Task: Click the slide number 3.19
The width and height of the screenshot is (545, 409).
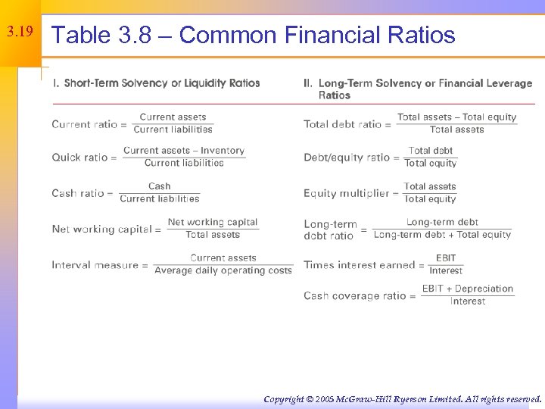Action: click(x=20, y=33)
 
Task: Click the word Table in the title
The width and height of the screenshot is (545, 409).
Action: click(x=79, y=35)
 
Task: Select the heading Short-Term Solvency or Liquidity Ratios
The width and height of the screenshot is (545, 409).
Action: click(x=156, y=83)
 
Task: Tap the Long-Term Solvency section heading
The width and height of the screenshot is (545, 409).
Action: click(x=418, y=89)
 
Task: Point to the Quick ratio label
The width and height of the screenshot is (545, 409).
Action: click(x=79, y=158)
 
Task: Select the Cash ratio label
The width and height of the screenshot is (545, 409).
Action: click(x=77, y=193)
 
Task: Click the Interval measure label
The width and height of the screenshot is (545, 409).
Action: click(x=95, y=265)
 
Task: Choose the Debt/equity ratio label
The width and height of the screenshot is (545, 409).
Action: click(x=347, y=158)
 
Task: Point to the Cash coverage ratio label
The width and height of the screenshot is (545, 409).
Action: click(x=355, y=295)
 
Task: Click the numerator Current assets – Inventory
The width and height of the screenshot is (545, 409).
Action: click(x=184, y=151)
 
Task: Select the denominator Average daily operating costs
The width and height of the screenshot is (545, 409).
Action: click(x=223, y=271)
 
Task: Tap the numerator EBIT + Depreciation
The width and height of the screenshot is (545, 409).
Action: click(x=468, y=289)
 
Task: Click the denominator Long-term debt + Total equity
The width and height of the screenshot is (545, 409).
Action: click(x=443, y=235)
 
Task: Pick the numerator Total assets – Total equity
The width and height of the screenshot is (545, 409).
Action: click(x=457, y=117)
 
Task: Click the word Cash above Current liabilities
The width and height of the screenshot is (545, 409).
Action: click(x=160, y=186)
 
